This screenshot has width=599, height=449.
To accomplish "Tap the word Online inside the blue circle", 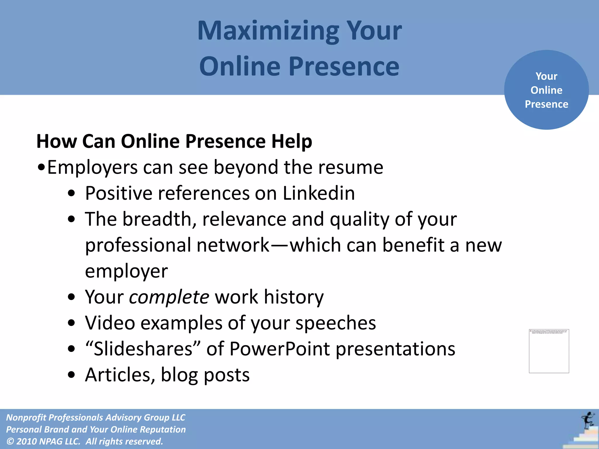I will [546, 90].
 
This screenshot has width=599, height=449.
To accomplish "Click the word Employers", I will [92, 167].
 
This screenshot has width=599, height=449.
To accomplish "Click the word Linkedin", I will [319, 193].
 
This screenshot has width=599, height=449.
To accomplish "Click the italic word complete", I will [169, 297].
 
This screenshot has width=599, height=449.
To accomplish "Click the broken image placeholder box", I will [549, 351].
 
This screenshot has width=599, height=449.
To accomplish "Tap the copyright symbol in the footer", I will [10, 441].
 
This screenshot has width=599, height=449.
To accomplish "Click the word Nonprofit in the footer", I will [26, 417].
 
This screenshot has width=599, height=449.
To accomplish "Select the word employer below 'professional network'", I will [126, 271].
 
